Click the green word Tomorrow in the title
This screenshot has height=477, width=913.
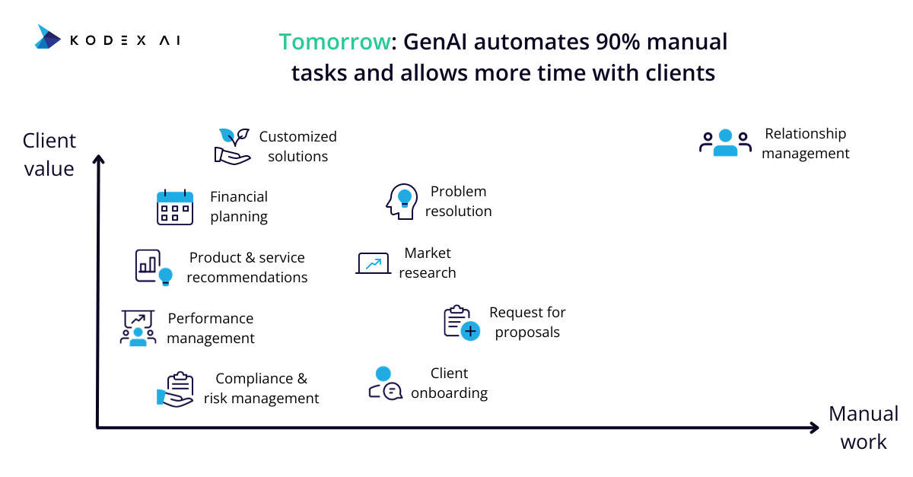click(x=335, y=42)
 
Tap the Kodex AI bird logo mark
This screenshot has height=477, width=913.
click(x=48, y=37)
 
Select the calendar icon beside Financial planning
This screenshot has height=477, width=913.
click(x=175, y=207)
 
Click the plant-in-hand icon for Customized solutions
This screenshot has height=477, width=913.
click(x=232, y=146)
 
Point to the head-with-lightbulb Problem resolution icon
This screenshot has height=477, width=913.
click(x=402, y=202)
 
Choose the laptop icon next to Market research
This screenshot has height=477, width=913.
click(x=374, y=263)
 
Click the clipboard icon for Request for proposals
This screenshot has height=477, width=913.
click(x=462, y=323)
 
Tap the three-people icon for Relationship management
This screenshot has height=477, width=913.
click(x=726, y=143)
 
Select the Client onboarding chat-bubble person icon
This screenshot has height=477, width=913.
click(x=385, y=383)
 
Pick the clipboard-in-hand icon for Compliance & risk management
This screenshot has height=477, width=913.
click(x=175, y=390)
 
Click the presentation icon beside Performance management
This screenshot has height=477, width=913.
click(x=138, y=328)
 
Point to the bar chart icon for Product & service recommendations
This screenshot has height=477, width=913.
click(x=154, y=268)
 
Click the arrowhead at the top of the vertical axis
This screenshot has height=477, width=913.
click(x=98, y=159)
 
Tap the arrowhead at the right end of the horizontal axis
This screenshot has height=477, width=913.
click(x=814, y=428)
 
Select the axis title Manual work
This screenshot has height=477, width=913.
click(x=864, y=428)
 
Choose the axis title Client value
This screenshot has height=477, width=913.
click(x=49, y=154)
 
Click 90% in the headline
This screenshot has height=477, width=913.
click(x=618, y=42)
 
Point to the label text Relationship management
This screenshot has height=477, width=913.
click(x=806, y=143)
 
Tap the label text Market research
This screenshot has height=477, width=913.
click(x=427, y=262)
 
